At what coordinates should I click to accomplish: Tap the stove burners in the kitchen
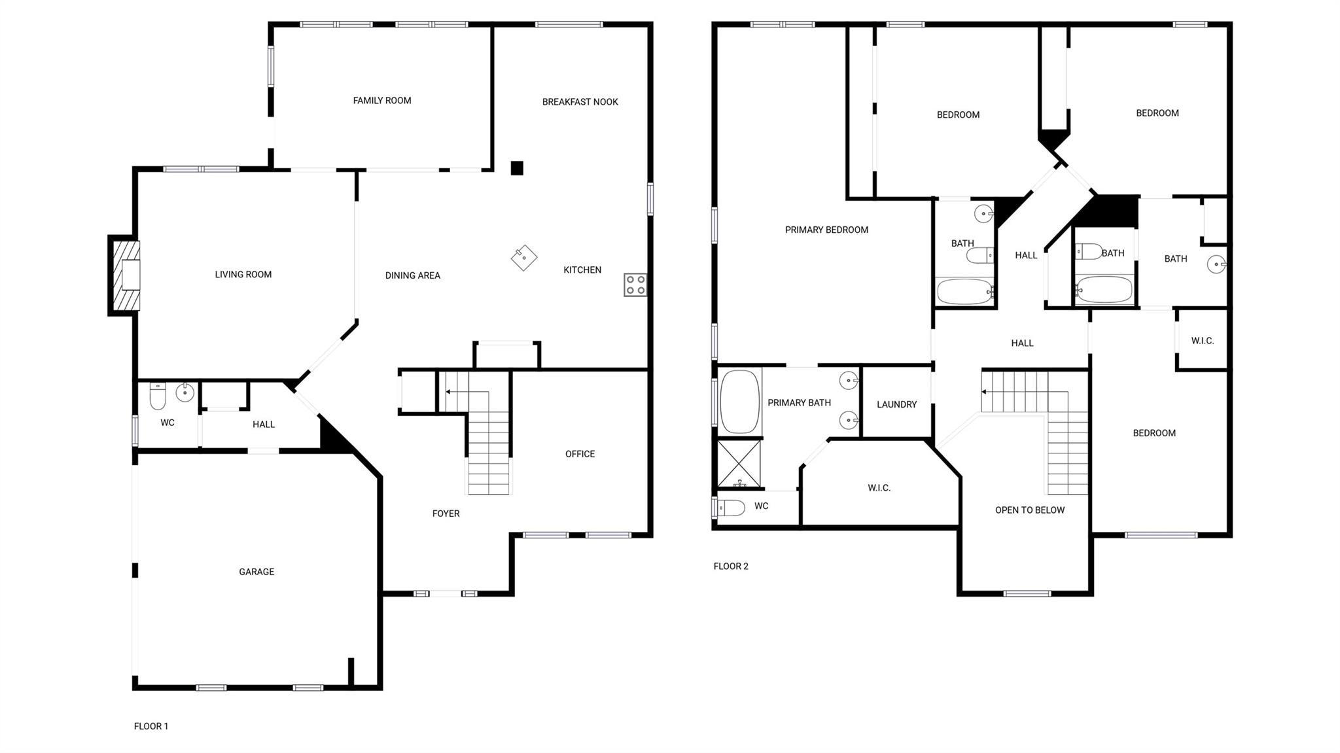(x=635, y=285)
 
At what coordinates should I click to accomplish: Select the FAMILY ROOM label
(x=382, y=101)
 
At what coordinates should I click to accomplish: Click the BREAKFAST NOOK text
(x=580, y=102)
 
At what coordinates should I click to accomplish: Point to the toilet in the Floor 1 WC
(x=158, y=396)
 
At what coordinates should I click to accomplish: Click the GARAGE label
(x=256, y=572)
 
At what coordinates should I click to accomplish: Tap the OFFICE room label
(x=580, y=454)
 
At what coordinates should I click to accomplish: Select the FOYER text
(x=446, y=514)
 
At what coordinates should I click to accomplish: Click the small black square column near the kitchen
(x=517, y=168)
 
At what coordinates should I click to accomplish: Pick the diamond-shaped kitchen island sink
(x=524, y=258)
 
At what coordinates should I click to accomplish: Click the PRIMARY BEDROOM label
(x=826, y=230)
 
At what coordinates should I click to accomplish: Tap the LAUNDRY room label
(x=896, y=405)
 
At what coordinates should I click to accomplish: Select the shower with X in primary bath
(x=739, y=463)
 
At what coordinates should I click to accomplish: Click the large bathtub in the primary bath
(x=739, y=402)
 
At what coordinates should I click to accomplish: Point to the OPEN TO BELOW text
(x=1029, y=510)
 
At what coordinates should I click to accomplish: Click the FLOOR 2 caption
(x=731, y=567)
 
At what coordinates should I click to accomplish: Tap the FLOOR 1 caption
(x=151, y=726)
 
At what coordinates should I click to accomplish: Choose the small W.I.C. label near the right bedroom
(x=1202, y=341)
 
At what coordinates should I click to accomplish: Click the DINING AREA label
(x=412, y=275)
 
